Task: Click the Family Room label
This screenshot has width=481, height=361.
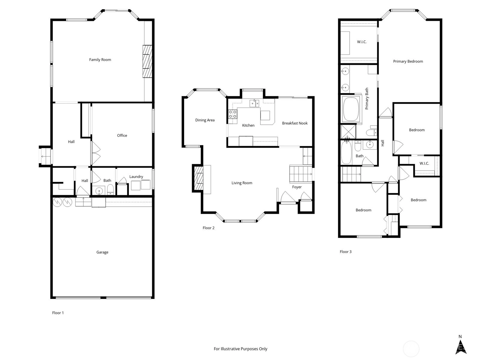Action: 100,60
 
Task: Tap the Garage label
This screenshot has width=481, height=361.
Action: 102,252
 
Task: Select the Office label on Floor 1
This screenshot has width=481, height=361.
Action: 122,135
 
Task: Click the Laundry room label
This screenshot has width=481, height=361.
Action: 136,177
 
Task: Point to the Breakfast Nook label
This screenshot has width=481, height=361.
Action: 295,123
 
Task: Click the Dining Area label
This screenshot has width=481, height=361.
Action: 205,120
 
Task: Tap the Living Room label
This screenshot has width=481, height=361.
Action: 242,183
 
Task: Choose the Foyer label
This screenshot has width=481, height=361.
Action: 297,187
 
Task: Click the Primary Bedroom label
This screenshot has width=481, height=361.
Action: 408,61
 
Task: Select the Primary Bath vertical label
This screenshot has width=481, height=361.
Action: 366,98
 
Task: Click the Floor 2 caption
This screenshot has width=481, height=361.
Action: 208,228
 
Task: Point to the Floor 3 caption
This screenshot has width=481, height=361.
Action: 346,251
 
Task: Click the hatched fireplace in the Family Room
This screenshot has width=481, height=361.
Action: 147,61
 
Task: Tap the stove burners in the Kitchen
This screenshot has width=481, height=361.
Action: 233,114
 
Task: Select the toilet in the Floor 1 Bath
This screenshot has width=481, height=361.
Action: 110,190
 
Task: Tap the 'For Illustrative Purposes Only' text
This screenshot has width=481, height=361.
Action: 240,349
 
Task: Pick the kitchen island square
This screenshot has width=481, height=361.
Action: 265,116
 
